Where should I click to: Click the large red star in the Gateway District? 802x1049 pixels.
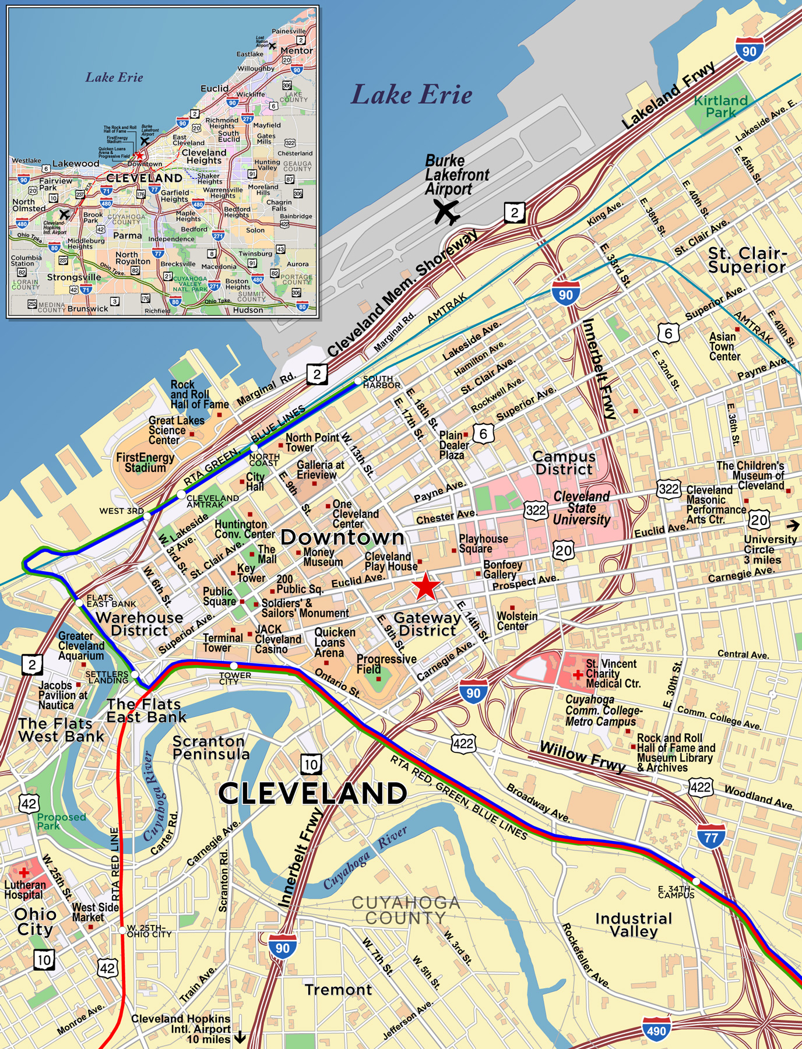[426, 586]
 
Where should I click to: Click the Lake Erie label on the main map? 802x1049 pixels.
[411, 95]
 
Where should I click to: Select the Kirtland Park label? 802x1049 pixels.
[720, 107]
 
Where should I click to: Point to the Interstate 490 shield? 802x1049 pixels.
[656, 1030]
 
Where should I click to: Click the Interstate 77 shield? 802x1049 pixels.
[711, 837]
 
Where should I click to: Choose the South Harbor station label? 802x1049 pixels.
[381, 382]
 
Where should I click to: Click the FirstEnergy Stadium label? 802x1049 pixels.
[145, 463]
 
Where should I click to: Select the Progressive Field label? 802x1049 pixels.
[386, 664]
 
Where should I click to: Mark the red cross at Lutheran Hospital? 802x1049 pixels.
[24, 872]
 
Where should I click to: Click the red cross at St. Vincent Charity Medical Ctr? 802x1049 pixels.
[577, 674]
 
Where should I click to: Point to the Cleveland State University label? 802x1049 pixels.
[581, 508]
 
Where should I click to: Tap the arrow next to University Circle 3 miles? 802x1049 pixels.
[792, 526]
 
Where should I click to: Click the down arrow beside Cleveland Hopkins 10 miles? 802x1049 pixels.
[240, 1038]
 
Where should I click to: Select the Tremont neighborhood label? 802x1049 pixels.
[338, 990]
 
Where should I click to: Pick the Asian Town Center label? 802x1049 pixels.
[724, 346]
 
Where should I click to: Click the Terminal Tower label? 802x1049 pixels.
[223, 643]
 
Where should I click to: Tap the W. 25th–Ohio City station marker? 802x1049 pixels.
[122, 930]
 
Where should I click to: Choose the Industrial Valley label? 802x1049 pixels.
[634, 924]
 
